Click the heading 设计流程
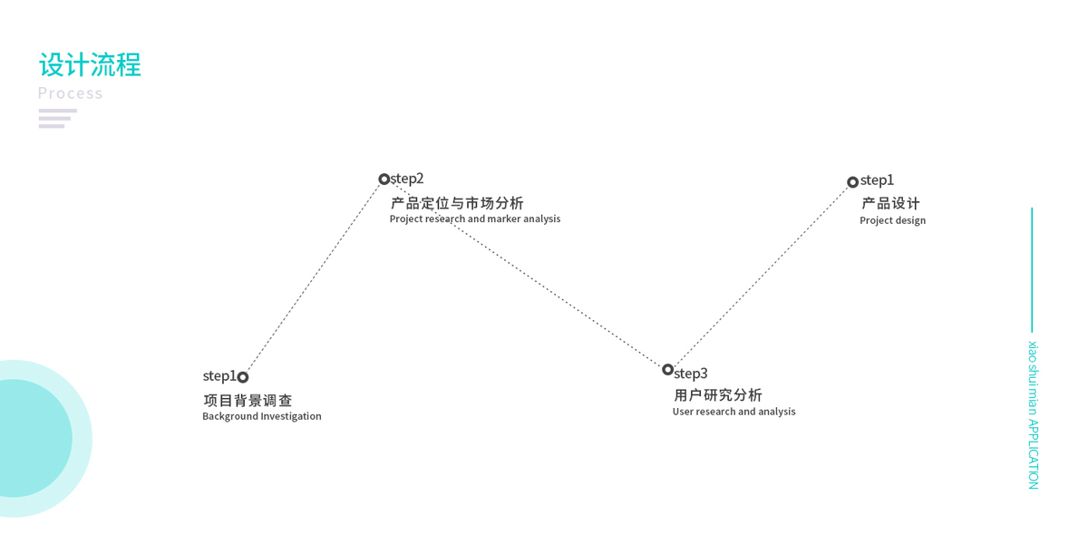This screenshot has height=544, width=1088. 90,65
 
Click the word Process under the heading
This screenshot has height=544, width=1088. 70,93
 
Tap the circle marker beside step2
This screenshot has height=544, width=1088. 384,180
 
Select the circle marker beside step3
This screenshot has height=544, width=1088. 668,370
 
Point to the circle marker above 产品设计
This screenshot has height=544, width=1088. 853,182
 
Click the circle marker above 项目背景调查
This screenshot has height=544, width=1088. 243,377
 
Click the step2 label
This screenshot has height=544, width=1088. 407,179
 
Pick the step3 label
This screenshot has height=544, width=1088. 691,374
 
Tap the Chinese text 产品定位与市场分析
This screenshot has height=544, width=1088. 457,203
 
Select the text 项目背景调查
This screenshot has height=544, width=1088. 248,401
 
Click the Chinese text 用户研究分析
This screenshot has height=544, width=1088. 718,395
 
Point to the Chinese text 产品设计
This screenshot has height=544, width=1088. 890,204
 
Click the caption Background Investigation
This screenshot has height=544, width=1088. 262,417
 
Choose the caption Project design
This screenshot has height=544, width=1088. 893,221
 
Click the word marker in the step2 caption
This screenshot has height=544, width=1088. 505,219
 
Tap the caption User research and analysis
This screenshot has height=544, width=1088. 734,412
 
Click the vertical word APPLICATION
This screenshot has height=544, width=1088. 1034,453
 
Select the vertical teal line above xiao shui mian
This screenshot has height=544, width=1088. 1032,269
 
